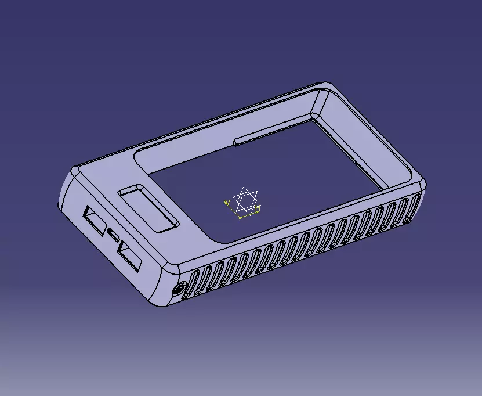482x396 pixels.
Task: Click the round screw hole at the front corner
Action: (180, 289)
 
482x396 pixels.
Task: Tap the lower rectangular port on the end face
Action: (129, 255)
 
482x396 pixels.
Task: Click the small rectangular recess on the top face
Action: (148, 208)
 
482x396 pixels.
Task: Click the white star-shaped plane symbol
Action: (246, 200)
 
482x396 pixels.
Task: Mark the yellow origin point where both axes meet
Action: (240, 218)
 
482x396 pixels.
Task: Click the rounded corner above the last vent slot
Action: (422, 182)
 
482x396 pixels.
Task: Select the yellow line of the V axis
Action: (232, 210)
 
